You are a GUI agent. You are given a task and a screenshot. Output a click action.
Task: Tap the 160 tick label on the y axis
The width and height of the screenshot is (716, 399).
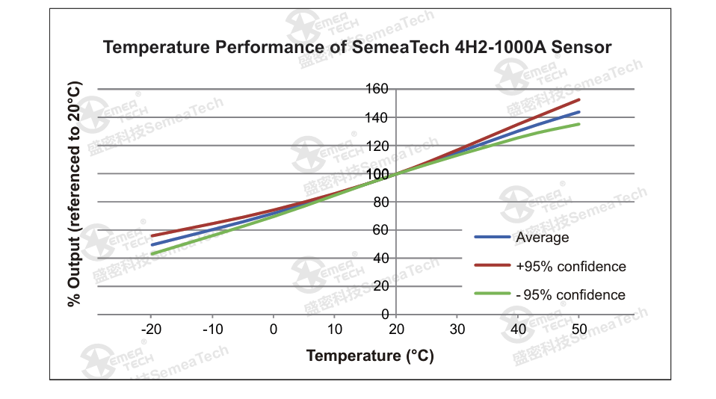point(377,90)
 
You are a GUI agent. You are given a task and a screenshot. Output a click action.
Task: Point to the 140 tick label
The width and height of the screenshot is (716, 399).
point(377,117)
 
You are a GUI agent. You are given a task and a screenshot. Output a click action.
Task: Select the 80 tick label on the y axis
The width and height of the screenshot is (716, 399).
point(380,202)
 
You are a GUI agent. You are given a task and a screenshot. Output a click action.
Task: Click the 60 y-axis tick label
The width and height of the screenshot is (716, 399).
point(380,230)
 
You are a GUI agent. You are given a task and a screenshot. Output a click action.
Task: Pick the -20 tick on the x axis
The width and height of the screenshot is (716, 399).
point(151,330)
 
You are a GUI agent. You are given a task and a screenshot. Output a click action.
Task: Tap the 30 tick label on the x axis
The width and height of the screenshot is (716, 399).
point(457,330)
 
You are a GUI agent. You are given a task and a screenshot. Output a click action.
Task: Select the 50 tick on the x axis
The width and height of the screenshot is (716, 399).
point(579,330)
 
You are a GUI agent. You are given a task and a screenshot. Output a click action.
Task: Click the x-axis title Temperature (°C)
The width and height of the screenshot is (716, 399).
point(370,356)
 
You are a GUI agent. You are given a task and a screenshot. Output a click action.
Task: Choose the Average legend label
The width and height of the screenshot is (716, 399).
point(542,238)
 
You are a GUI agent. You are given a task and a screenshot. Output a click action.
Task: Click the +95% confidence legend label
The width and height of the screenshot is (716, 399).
point(570,267)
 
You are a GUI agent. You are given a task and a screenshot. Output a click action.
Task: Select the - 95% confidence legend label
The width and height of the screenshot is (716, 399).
point(570,295)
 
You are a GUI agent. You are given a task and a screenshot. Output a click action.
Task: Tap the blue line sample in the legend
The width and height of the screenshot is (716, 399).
point(492,238)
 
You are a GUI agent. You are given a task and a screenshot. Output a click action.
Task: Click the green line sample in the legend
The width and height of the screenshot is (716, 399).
point(492,294)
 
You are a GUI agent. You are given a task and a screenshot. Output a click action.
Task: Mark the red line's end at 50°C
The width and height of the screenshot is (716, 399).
point(579,99)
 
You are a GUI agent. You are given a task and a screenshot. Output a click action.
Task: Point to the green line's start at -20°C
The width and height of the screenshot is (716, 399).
point(152,254)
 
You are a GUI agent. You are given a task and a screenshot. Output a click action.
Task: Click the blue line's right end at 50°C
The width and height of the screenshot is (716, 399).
point(579,112)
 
